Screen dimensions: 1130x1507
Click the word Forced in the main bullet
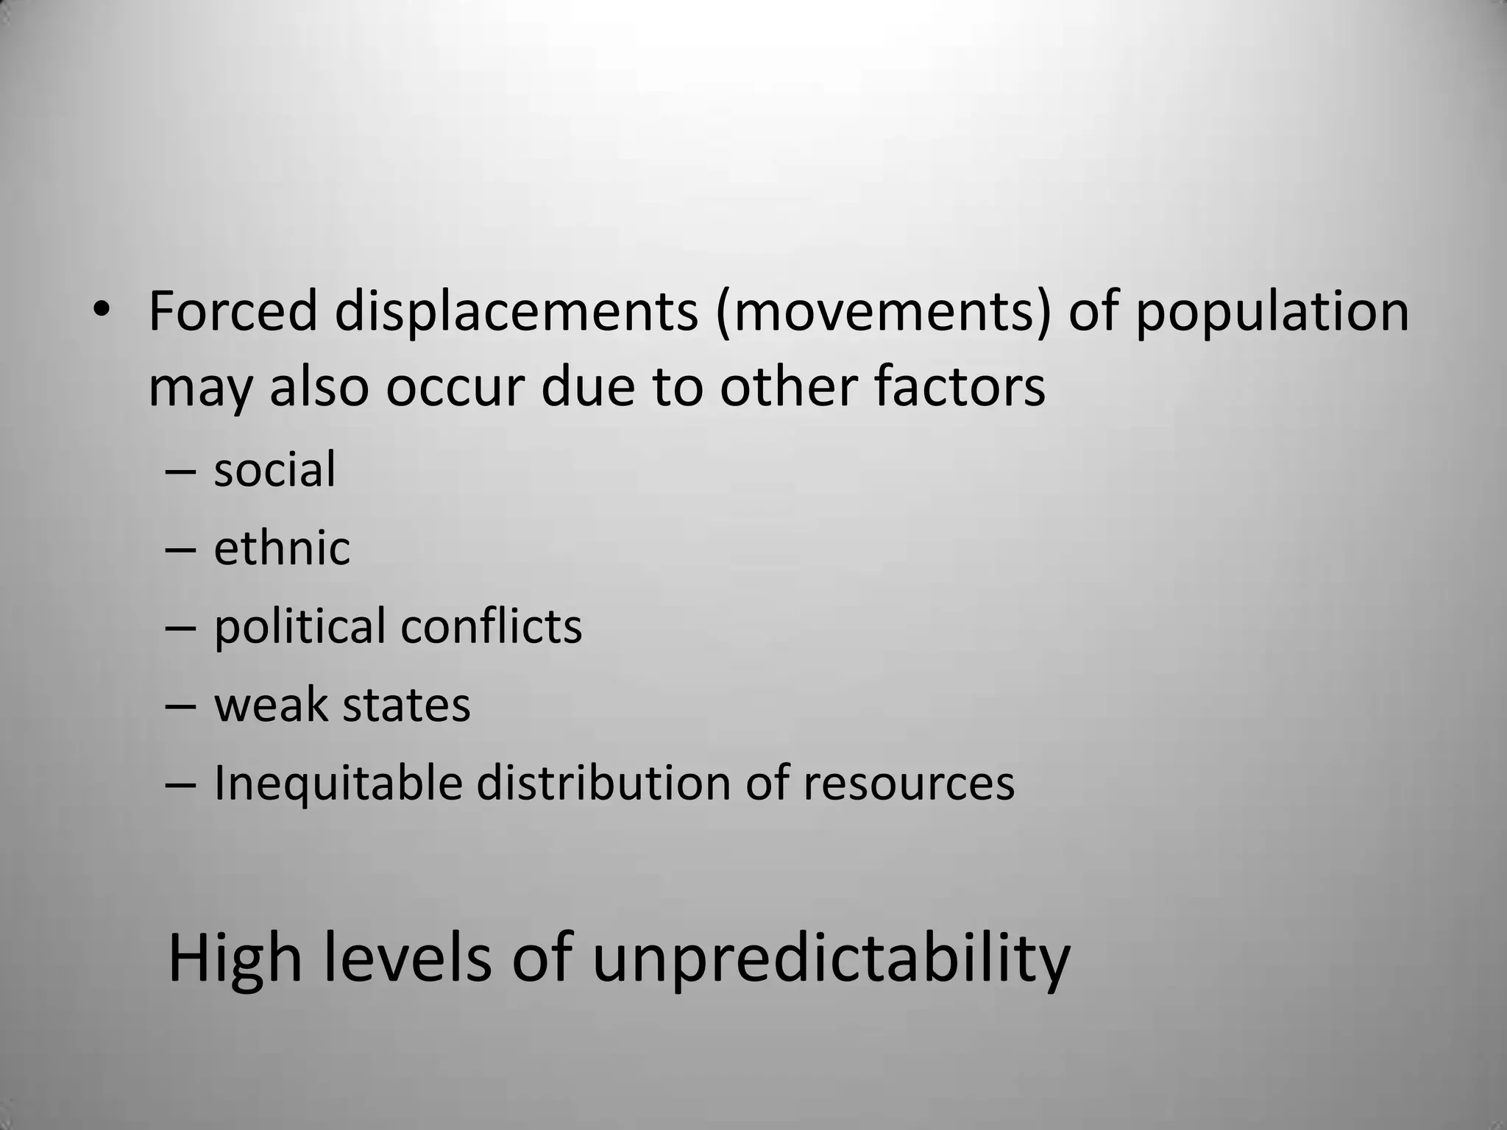[x=233, y=312]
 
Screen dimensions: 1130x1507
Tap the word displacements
[x=516, y=312]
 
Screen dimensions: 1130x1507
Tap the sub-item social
[x=274, y=469]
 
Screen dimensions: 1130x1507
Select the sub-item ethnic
[x=282, y=548]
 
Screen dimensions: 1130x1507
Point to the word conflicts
[x=491, y=627]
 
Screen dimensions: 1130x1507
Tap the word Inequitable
[x=338, y=783]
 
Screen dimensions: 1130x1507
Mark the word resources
[x=909, y=783]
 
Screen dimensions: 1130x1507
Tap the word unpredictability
[x=831, y=960]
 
